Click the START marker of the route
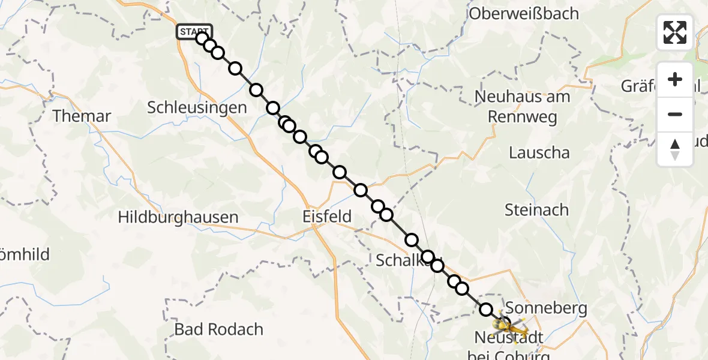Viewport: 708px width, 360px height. (194, 32)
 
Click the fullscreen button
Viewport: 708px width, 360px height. (675, 32)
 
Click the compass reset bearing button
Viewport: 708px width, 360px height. (675, 149)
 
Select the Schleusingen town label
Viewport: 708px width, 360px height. (197, 108)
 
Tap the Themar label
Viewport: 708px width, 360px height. (82, 116)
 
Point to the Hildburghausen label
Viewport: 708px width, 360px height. (178, 217)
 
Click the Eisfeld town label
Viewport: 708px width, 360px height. (326, 217)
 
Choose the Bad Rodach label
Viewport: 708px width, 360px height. (219, 329)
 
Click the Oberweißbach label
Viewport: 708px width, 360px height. (524, 13)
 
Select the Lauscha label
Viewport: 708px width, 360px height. (539, 152)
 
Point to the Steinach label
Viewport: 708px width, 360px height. (536, 210)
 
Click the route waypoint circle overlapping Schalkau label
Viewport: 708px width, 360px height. (428, 257)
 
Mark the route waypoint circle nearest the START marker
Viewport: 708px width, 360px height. (202, 38)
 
